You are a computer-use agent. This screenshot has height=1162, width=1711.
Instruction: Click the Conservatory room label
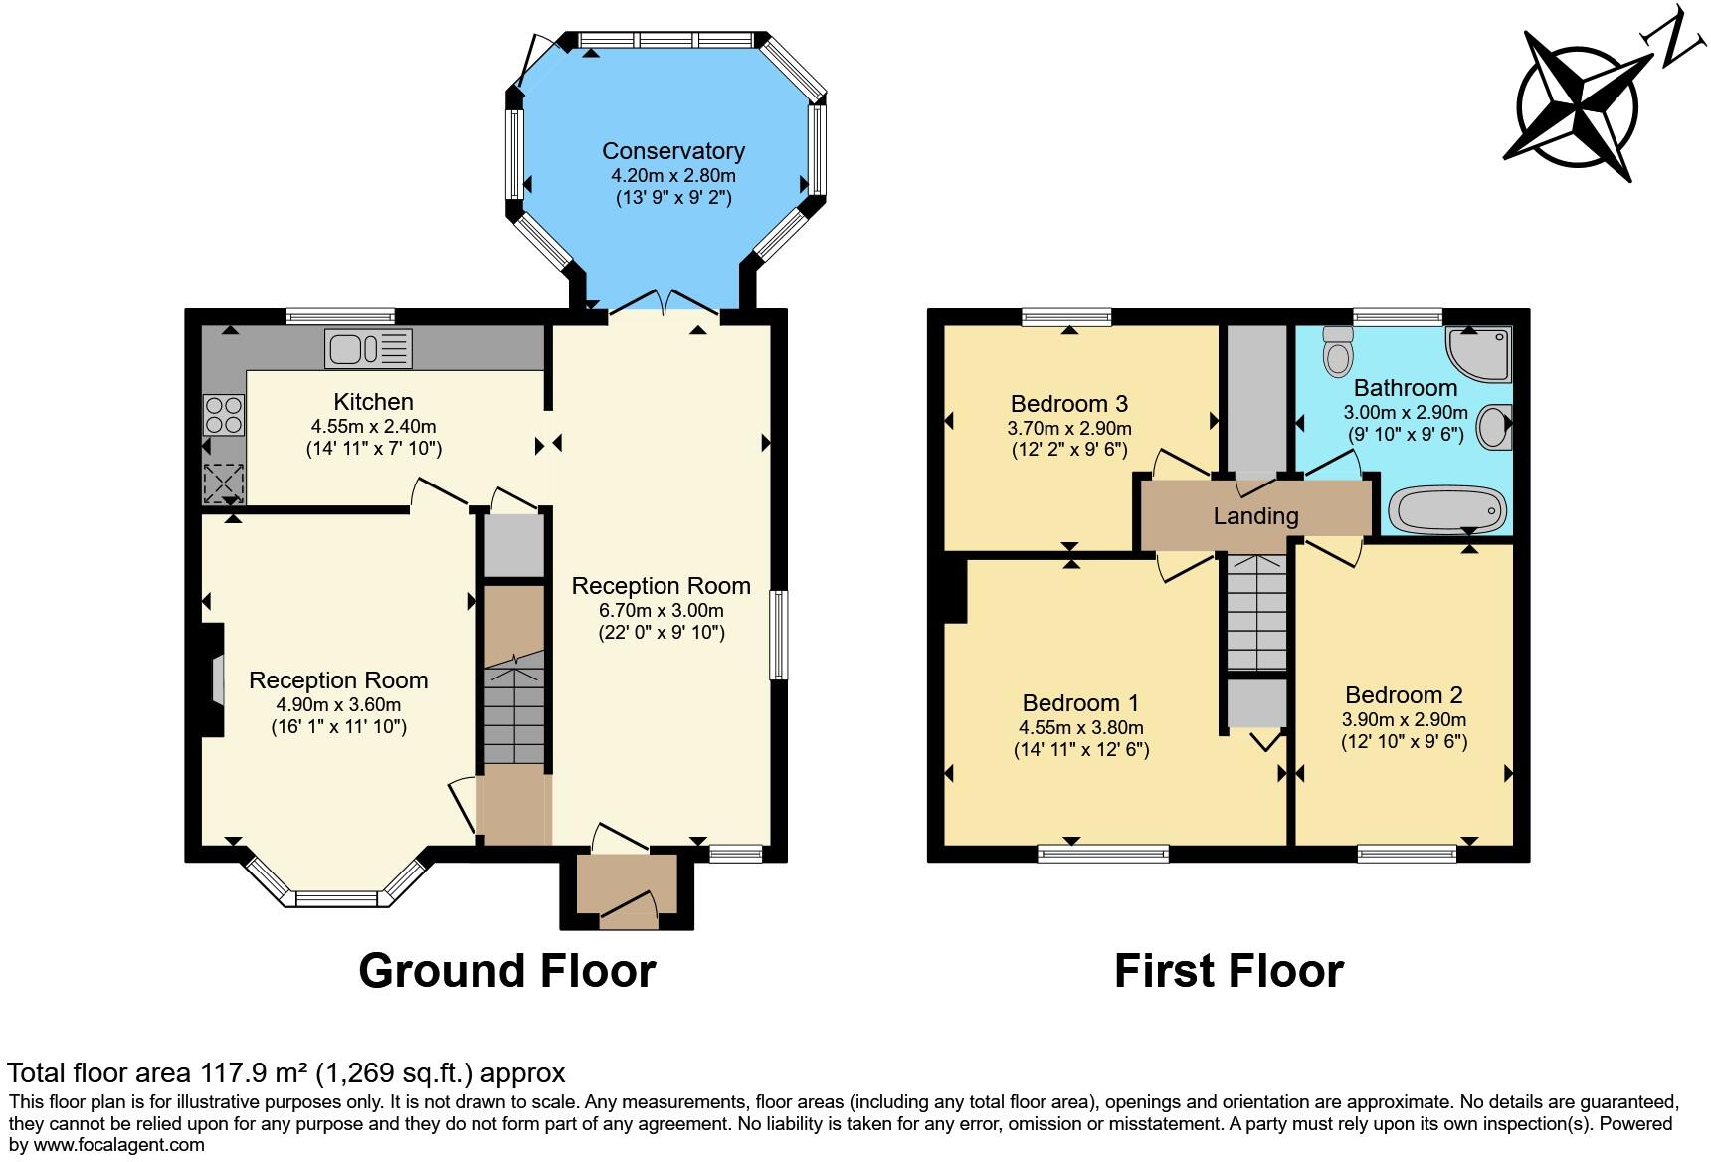tap(673, 151)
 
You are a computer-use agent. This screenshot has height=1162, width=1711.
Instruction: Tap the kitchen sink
tap(368, 349)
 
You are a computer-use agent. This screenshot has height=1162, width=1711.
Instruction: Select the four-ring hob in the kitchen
tap(224, 415)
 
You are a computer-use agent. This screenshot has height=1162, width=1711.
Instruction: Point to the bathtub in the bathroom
tap(1448, 509)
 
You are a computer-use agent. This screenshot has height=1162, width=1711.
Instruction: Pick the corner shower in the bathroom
tap(1479, 355)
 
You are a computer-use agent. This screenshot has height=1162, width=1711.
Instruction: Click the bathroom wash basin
tap(1495, 427)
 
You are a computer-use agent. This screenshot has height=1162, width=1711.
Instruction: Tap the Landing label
tap(1255, 516)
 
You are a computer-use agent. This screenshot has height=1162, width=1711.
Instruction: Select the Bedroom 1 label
tap(1080, 703)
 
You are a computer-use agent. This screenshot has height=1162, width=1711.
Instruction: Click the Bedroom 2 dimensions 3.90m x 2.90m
tap(1404, 720)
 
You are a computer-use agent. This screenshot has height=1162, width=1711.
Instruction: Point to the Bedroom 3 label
tap(1068, 404)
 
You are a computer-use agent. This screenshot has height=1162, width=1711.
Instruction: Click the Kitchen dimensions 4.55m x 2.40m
tap(373, 427)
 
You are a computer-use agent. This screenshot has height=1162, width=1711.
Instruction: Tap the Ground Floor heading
tap(507, 971)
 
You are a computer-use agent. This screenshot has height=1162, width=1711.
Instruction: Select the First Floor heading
tap(1229, 971)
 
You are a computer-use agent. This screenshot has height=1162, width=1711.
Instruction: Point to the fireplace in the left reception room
tap(212, 679)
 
